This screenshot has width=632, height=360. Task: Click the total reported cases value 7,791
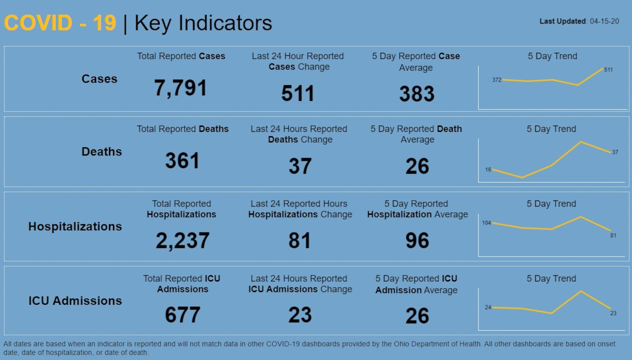tap(181, 88)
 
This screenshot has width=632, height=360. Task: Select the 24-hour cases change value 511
tap(297, 94)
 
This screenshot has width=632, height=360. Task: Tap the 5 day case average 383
tap(417, 94)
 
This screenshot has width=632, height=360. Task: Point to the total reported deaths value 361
tap(182, 161)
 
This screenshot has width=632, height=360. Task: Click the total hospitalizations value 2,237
tap(182, 240)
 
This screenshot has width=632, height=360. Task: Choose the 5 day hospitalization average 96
tap(417, 240)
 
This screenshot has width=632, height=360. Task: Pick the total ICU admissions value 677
tap(182, 315)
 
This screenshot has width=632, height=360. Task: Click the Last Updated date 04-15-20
tap(604, 21)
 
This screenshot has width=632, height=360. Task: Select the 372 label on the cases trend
tap(497, 80)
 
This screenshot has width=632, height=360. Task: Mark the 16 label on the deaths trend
tap(488, 170)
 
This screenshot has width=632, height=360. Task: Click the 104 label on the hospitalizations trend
tap(486, 223)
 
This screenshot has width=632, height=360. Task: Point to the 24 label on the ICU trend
tap(488, 307)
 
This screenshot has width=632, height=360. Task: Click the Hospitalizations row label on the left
tap(75, 227)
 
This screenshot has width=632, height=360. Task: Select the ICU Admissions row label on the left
tap(75, 301)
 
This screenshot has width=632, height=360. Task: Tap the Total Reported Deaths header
tap(182, 129)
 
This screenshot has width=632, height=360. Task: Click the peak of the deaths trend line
tap(581, 142)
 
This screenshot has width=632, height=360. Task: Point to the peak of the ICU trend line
tap(581, 291)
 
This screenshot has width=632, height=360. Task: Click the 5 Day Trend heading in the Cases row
tap(552, 56)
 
